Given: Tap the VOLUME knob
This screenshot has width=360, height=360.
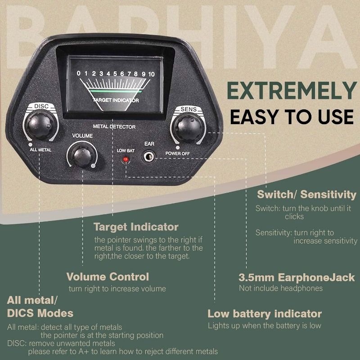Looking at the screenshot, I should (81, 155).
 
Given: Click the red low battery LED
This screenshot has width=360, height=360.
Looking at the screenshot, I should (126, 160).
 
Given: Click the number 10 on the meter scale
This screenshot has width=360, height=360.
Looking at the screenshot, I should (151, 73).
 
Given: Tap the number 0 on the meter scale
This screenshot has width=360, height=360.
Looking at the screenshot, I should (79, 73).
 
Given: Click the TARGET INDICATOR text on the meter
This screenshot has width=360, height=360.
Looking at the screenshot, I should (116, 100).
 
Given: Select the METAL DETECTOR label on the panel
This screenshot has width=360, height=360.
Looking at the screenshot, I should (114, 127).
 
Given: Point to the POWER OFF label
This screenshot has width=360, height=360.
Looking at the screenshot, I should (179, 153).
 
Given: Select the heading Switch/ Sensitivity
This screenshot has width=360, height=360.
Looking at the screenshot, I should (306, 195).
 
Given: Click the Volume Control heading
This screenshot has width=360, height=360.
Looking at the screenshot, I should (108, 277).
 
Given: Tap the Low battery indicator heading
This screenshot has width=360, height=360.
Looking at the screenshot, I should (265, 314).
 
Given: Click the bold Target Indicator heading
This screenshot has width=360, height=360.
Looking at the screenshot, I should (136, 227).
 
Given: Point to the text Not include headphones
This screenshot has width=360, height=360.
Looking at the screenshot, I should (281, 288).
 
